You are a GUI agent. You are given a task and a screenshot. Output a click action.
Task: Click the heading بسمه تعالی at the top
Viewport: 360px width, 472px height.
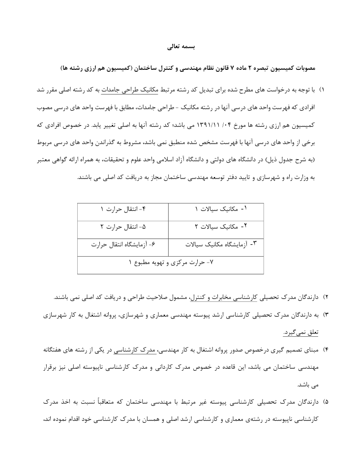point(181,48)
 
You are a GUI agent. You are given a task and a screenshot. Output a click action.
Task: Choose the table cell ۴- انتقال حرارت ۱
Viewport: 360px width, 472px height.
point(123,209)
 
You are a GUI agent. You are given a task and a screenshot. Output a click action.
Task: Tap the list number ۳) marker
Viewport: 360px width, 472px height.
point(325,315)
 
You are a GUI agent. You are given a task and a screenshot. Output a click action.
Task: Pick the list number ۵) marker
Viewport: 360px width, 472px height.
point(325,402)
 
